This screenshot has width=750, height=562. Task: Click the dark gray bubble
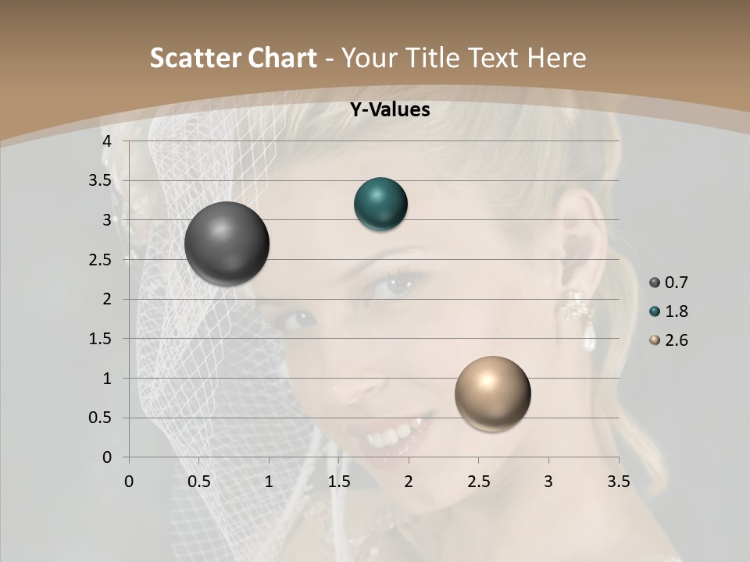point(227,244)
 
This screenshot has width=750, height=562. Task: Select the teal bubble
point(380,205)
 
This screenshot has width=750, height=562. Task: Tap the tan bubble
point(492,393)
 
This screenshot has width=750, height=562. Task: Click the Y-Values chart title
point(389,110)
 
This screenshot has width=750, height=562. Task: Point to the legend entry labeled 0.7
point(669,283)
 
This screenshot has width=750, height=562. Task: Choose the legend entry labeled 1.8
point(669,311)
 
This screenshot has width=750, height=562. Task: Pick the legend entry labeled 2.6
point(669,340)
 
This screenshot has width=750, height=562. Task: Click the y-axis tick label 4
point(107,141)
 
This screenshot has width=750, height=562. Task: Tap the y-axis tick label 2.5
point(100,260)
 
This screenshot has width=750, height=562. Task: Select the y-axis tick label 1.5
point(100,339)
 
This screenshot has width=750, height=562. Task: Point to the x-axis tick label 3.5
point(618,482)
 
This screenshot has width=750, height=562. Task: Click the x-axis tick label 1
point(269,482)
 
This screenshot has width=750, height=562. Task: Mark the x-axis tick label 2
point(409,482)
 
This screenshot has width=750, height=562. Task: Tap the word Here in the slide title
point(556,58)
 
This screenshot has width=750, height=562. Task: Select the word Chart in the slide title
point(282,58)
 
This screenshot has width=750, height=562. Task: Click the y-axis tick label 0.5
point(100,418)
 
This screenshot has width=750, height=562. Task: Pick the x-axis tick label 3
point(548,482)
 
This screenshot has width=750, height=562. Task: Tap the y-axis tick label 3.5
point(100,181)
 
